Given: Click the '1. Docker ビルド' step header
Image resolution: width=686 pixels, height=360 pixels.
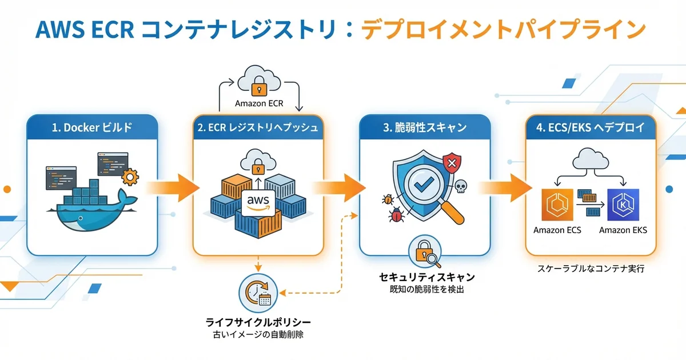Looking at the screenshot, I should click(91, 128).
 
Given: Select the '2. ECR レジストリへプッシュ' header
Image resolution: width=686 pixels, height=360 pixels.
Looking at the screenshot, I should click(258, 128).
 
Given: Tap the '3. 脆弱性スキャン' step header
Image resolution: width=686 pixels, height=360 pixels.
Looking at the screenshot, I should click(424, 128).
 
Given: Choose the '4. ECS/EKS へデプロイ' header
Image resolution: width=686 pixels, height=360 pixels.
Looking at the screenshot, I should click(591, 128).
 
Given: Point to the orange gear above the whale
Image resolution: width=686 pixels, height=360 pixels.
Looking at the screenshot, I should click(131, 177).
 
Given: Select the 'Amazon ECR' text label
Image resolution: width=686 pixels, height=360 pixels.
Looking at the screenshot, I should click(259, 104).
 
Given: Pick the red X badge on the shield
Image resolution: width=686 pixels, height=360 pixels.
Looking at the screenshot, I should click(452, 164).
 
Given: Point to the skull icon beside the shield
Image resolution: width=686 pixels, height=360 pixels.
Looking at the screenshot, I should click(460, 186).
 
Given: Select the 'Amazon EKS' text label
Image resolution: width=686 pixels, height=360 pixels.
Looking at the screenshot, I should click(623, 230).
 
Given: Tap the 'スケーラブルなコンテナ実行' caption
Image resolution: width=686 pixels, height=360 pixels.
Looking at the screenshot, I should click(591, 268).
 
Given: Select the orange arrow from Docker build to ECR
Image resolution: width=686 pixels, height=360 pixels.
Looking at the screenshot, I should click(174, 187).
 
